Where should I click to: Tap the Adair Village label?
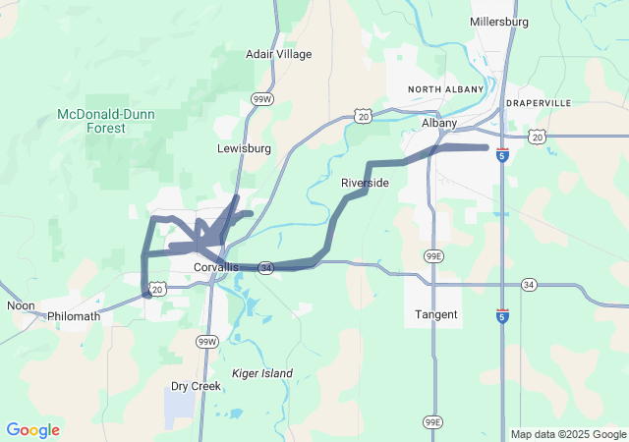pyautogui.click(x=278, y=54)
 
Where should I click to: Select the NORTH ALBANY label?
pyautogui.click(x=442, y=90)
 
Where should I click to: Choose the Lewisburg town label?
pyautogui.click(x=244, y=149)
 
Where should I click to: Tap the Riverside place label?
pyautogui.click(x=365, y=184)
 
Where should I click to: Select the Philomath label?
pyautogui.click(x=74, y=317)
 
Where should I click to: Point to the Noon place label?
pyautogui.click(x=21, y=306)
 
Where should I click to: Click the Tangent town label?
pyautogui.click(x=436, y=315)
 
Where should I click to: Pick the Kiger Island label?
pyautogui.click(x=262, y=374)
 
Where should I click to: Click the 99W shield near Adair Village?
pyautogui.click(x=261, y=99)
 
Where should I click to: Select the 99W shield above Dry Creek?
pyautogui.click(x=205, y=342)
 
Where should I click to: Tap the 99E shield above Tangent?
pyautogui.click(x=432, y=255)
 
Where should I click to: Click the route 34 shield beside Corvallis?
pyautogui.click(x=265, y=267)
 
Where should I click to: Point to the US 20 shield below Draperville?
pyautogui.click(x=537, y=138)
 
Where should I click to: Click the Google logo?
pyautogui.click(x=32, y=430)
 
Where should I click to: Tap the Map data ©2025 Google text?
pyautogui.click(x=568, y=434)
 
